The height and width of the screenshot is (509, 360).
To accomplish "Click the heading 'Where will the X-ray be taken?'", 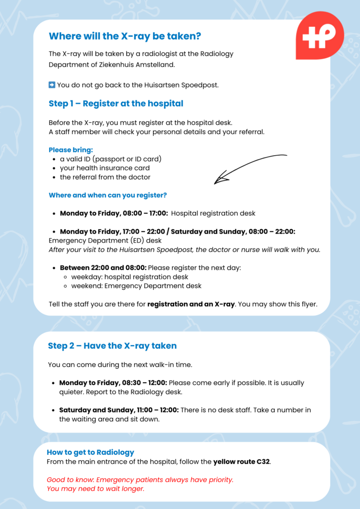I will coord(125,36).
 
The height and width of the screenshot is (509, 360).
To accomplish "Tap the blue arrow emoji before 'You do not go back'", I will coord(52,85).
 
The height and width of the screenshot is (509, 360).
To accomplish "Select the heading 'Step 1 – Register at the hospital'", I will coord(116,103).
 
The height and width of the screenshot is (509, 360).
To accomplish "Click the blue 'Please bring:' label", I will coord(71,150).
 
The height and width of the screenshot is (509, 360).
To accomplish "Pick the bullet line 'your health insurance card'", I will coord(104,168).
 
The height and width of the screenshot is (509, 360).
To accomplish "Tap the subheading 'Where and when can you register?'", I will coord(107,195).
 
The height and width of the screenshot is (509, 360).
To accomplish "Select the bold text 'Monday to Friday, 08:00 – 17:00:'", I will coord(114,213).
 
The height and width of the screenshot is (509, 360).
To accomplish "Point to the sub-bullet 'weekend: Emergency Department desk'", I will coord(136,286).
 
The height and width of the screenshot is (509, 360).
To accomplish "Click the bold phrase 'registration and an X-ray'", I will coord(191,304).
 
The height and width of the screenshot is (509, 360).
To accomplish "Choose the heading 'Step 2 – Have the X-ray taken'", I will coord(112,345).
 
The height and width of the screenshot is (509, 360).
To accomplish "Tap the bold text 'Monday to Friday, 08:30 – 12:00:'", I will coord(113,383).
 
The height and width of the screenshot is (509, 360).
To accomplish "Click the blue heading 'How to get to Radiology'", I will coord(90,452).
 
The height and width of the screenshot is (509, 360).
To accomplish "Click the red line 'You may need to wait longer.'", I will coord(95,489).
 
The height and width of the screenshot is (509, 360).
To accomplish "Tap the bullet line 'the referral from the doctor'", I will coord(105,177).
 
